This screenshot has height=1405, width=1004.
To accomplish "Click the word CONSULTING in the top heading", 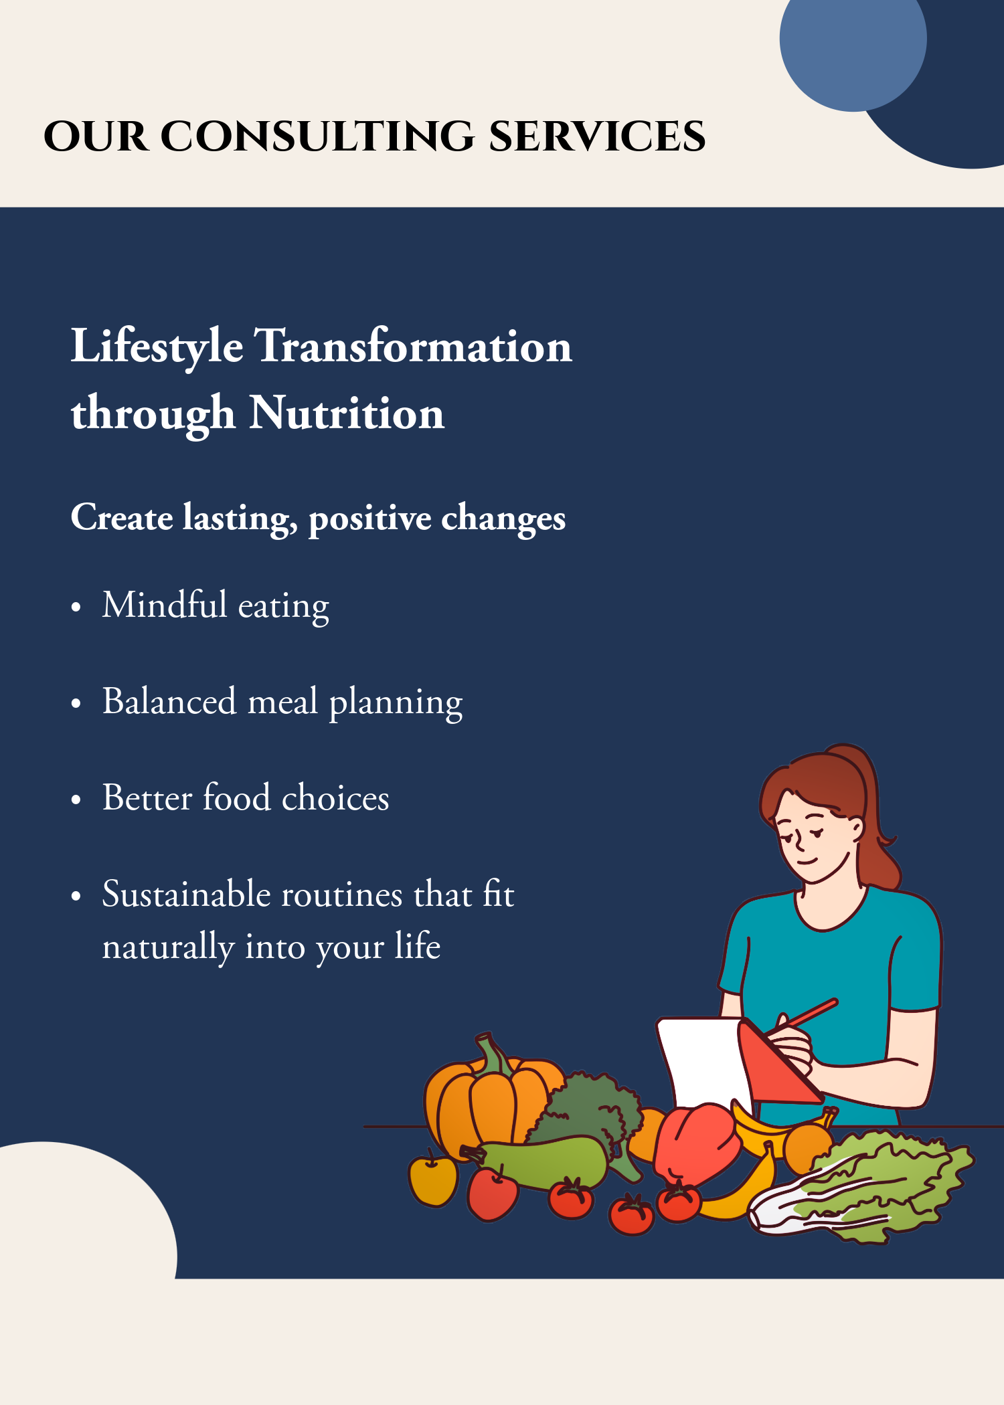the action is point(317,136).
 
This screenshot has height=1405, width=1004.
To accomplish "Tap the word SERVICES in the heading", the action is point(597,136).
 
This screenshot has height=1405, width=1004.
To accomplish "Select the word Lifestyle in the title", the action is point(157,347).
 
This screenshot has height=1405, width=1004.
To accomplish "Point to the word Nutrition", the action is point(347,413).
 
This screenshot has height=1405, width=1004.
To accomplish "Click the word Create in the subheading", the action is point(122,517).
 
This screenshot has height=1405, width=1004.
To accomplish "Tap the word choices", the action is point(335,798).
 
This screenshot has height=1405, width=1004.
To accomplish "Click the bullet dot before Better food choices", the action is point(76,800).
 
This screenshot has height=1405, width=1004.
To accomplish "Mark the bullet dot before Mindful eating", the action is point(76,607).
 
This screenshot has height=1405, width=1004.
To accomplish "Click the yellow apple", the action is point(433,1181).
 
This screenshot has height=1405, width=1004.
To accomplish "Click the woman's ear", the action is point(856,830).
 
